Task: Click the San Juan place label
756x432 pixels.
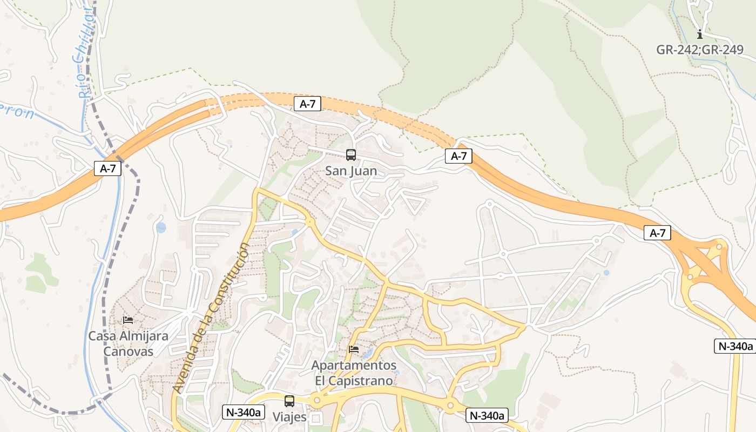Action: tap(351, 171)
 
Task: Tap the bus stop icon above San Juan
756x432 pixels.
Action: tap(351, 156)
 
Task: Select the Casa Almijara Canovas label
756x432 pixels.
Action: tap(129, 343)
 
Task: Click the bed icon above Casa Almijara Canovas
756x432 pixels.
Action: tap(128, 320)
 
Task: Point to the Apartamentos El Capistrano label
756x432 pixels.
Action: tap(354, 373)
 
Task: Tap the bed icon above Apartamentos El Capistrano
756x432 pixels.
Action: tap(354, 349)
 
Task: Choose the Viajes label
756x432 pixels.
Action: tap(289, 417)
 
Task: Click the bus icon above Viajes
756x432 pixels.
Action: tap(289, 401)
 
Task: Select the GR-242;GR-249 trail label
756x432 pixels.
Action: tap(700, 50)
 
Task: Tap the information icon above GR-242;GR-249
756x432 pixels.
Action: tap(700, 34)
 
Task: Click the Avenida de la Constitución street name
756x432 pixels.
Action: tap(212, 318)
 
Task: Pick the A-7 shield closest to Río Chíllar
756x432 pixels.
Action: tap(108, 168)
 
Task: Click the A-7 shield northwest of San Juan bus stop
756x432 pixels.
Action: tap(308, 104)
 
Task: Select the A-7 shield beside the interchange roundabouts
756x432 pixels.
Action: tap(657, 233)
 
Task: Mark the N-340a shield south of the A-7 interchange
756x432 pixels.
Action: tap(734, 346)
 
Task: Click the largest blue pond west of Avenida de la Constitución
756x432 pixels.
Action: tap(161, 228)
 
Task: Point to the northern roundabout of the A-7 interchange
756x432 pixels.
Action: tap(719, 247)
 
